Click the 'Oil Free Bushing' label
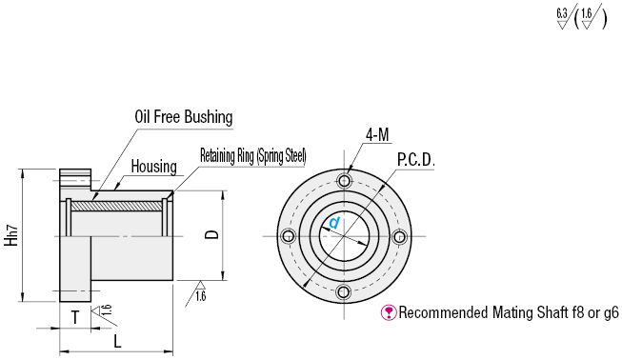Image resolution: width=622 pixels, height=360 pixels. tap(184, 117)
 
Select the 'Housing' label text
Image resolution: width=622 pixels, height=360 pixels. tap(154, 167)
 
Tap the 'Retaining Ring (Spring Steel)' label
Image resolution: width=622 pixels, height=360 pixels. tap(253, 156)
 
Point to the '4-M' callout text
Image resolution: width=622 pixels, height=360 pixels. tap(377, 135)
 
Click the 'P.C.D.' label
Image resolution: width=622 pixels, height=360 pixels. tap(416, 160)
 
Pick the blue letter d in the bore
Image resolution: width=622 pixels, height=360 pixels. tap(334, 223)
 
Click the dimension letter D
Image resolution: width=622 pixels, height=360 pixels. tap(212, 234)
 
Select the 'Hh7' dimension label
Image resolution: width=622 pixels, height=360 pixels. tap(11, 235)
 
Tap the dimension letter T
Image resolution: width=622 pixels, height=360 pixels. tap(75, 317)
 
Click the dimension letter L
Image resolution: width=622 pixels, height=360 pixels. tap(117, 341)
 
